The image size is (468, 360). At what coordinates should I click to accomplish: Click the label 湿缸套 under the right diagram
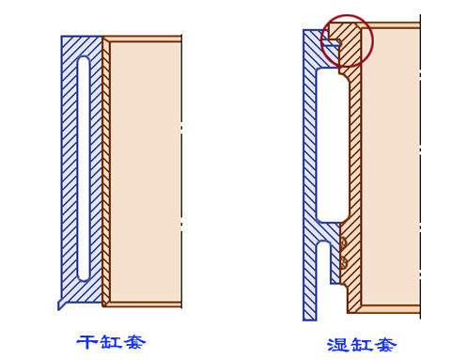[x=361, y=343]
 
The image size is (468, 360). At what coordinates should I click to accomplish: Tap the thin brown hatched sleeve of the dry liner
[x=106, y=169]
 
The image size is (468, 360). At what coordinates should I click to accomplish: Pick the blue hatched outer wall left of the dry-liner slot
[x=70, y=169]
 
